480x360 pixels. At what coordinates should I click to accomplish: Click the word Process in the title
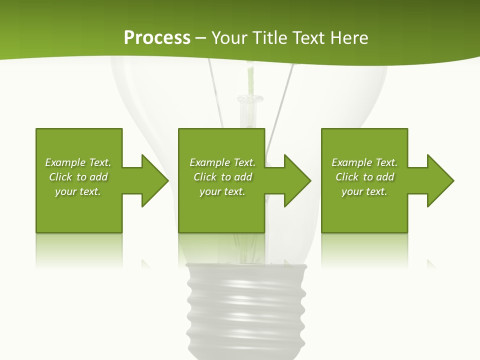[157, 38]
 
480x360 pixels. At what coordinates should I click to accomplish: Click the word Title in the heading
[269, 38]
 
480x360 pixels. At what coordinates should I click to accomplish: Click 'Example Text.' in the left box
[78, 162]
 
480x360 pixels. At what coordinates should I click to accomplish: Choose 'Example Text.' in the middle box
[222, 162]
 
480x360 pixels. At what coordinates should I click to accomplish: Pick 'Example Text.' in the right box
[364, 162]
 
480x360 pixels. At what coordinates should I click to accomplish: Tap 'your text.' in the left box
[78, 191]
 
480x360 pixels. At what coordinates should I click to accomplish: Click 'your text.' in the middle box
[222, 191]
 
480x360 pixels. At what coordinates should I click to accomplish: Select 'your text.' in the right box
[364, 191]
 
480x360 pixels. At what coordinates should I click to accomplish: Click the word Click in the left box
[61, 177]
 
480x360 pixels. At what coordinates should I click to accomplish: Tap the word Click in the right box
[347, 177]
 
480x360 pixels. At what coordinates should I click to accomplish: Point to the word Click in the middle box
[205, 177]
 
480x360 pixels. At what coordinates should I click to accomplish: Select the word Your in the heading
[229, 38]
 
